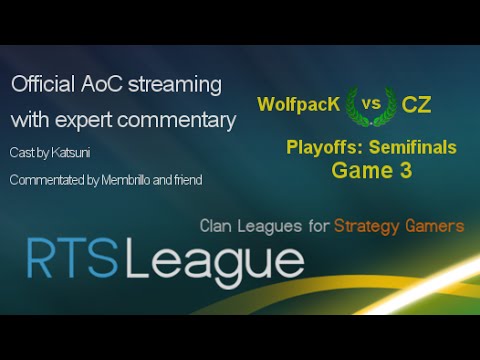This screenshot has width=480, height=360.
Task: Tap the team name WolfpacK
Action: tap(295, 105)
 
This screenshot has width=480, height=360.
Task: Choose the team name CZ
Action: tap(418, 105)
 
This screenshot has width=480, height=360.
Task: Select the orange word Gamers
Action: tap(437, 226)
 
